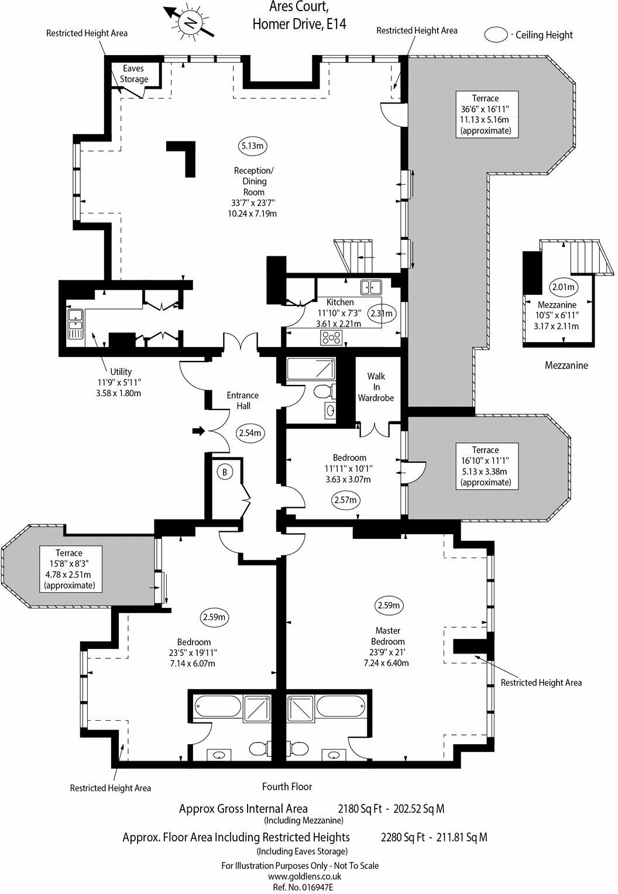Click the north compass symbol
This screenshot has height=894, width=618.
[x=190, y=23]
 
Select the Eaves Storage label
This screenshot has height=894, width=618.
[x=135, y=74]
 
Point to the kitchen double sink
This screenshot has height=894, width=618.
[x=371, y=287]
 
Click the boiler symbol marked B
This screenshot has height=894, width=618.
[x=223, y=471]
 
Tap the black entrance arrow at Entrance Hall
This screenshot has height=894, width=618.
[x=198, y=431]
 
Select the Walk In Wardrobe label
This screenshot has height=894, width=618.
[x=376, y=387]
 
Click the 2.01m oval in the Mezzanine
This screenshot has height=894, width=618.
[x=563, y=287]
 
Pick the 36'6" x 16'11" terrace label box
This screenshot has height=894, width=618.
[x=486, y=114]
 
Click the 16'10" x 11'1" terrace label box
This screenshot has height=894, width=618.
[x=486, y=466]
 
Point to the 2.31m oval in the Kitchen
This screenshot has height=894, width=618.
[x=382, y=313]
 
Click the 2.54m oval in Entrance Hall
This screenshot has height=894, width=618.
[x=250, y=434]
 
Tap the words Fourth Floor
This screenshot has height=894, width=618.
[x=287, y=786]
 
